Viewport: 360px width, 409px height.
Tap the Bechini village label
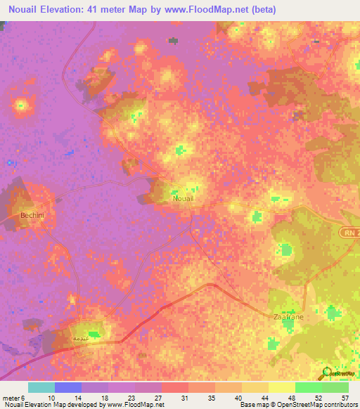click(x=32, y=216)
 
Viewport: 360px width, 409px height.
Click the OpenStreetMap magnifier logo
click(x=325, y=372)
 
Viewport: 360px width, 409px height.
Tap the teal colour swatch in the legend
click(x=41, y=387)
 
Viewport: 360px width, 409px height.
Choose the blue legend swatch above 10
click(x=67, y=387)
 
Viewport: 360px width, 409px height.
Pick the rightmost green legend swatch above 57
click(x=335, y=387)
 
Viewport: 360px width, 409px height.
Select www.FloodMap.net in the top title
click(x=209, y=10)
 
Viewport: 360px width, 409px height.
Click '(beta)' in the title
click(x=262, y=10)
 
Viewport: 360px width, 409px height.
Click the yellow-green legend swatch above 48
click(x=282, y=387)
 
